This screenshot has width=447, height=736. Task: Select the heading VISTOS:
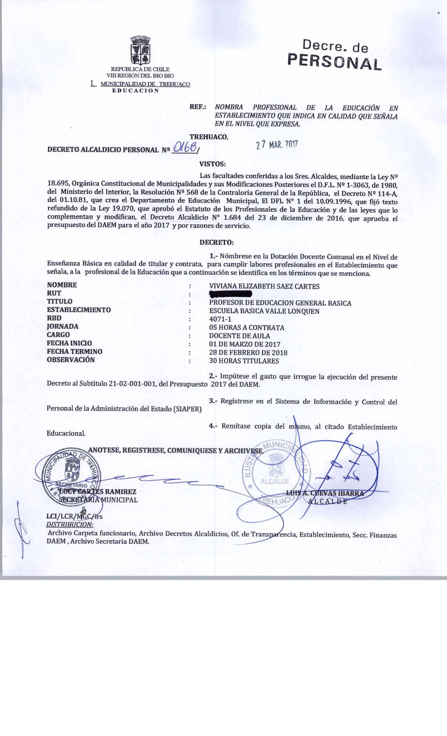[x=212, y=163]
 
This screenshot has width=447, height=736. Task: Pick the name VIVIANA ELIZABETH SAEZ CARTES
[x=264, y=286]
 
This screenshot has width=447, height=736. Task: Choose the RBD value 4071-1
[x=220, y=319]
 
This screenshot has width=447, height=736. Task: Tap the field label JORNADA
[x=63, y=327]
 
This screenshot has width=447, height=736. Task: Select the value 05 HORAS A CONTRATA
[x=246, y=328]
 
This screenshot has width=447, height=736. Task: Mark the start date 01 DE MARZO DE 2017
[x=244, y=344]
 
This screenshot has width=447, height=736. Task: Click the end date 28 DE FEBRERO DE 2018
[x=248, y=353]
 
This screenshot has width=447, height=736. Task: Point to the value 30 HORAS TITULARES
[x=244, y=361]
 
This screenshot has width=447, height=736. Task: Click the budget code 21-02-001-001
[x=132, y=384]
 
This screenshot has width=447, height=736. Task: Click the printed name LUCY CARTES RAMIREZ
[x=97, y=492]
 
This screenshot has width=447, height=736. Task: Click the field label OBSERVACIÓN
[x=71, y=360]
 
